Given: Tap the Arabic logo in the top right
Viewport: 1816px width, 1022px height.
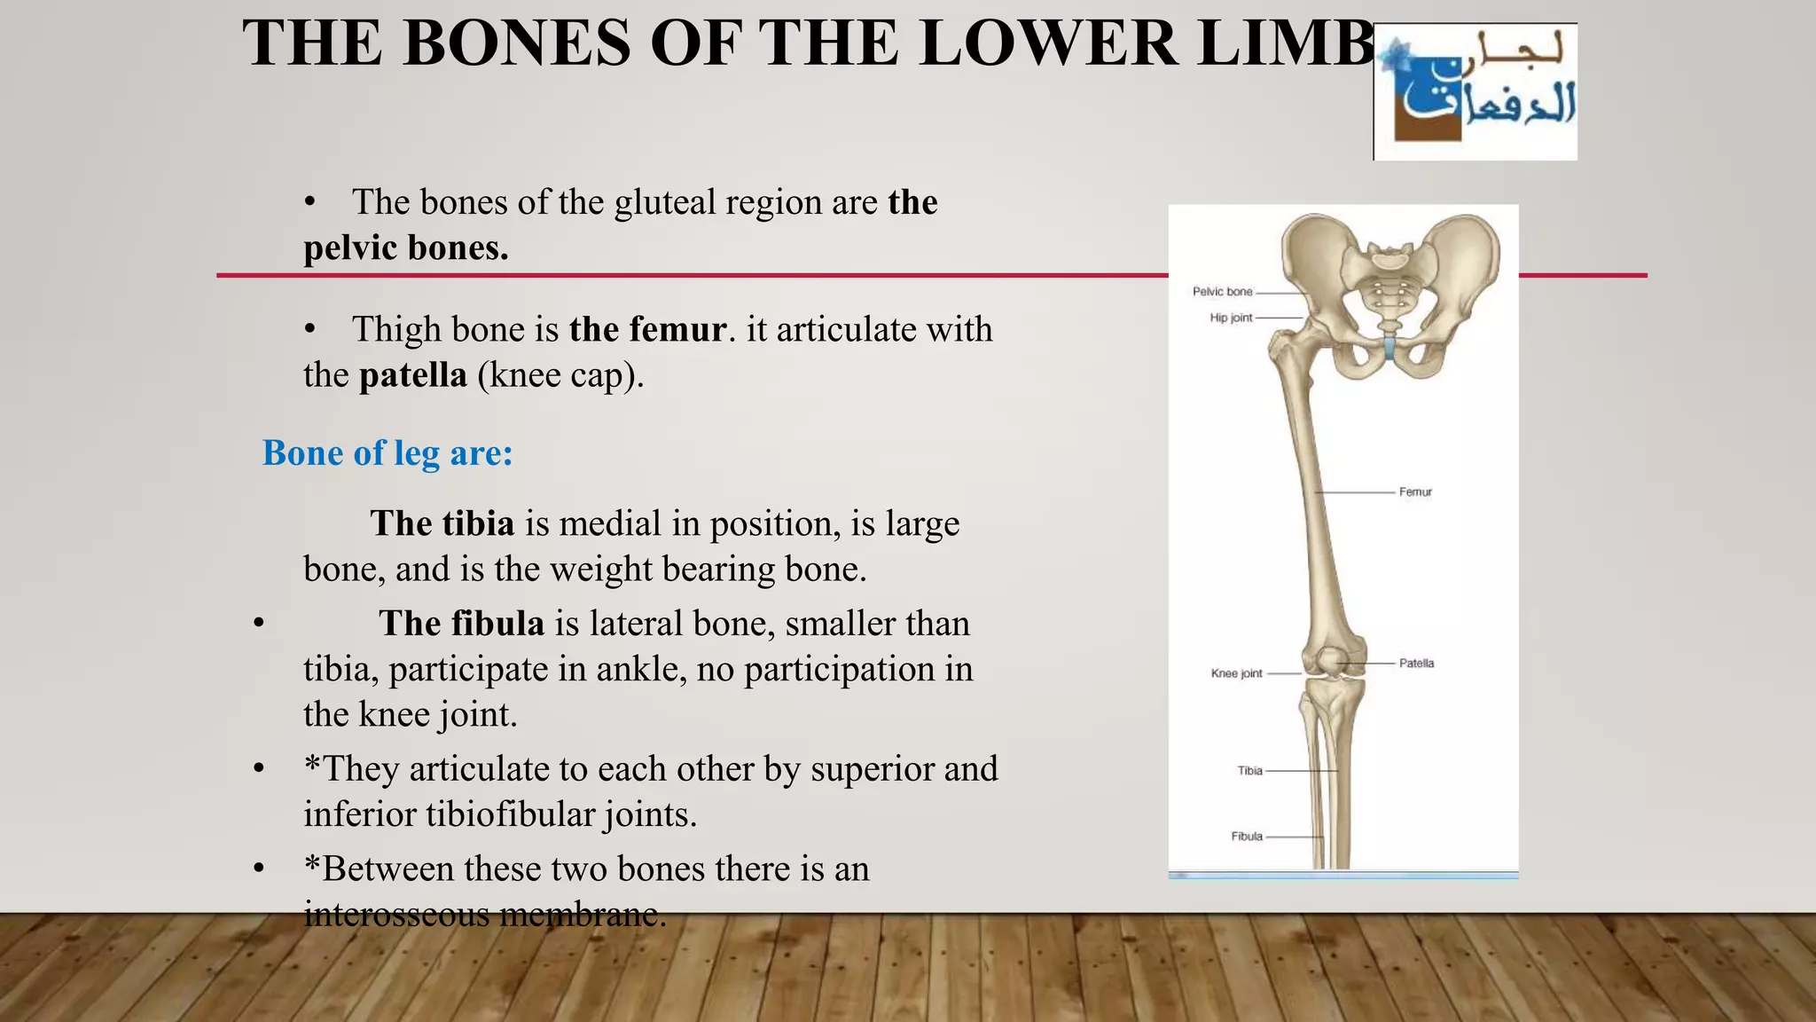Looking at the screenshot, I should [1475, 92].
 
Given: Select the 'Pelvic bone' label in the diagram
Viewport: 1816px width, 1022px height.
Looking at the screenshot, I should [1222, 292].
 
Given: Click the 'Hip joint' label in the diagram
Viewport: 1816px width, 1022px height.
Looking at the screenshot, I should [1231, 318].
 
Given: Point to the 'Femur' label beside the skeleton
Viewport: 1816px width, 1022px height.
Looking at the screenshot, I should [1415, 492].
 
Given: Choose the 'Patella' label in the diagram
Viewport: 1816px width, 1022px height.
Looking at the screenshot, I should [1416, 664].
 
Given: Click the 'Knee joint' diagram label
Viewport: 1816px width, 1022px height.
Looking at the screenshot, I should [1236, 673].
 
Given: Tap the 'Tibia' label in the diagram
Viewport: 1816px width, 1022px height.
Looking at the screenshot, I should [1249, 771].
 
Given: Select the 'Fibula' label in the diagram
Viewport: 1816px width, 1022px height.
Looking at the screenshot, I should [1247, 837].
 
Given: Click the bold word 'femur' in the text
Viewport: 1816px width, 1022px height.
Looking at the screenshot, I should [678, 330].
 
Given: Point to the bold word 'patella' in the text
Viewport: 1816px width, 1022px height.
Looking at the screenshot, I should [413, 375].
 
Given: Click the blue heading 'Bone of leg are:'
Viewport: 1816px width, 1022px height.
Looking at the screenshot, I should [387, 453].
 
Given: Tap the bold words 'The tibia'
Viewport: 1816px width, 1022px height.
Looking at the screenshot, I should [442, 523].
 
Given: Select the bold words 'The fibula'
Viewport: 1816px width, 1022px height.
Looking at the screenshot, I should [461, 624].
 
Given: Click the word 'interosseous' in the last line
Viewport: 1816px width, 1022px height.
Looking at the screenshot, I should [396, 914].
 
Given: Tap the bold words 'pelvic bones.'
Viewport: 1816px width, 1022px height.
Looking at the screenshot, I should [405, 248].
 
